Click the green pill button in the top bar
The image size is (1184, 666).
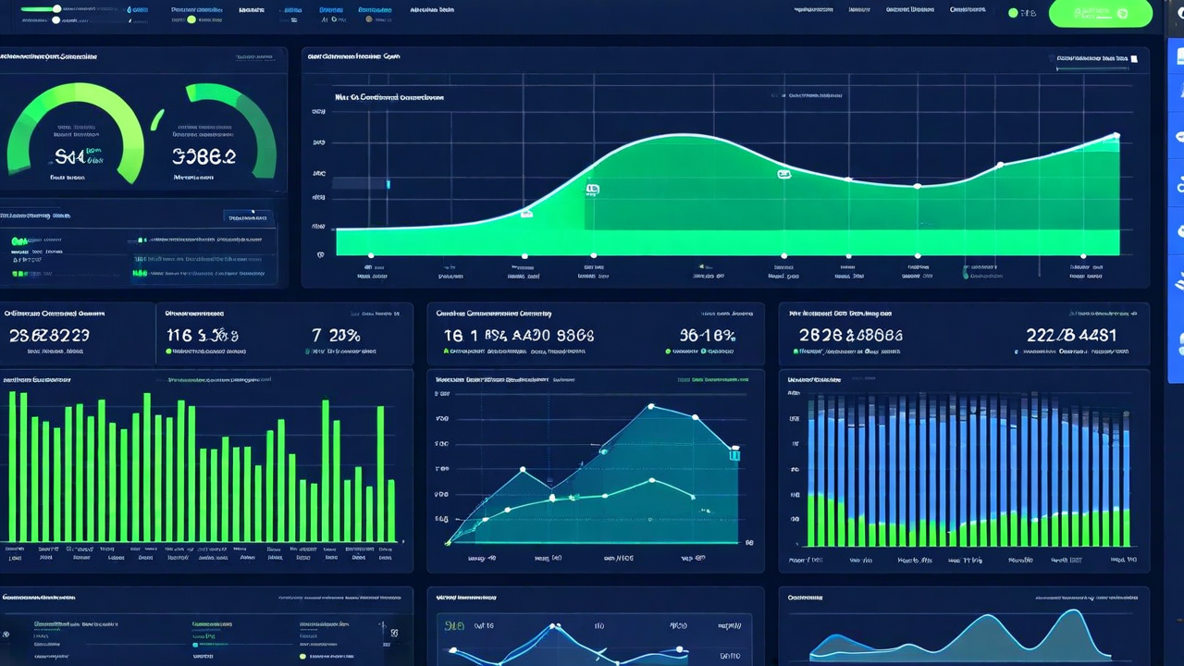[x=1100, y=14]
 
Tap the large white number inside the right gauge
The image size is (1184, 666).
[x=203, y=156]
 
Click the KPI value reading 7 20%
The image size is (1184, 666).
[x=336, y=335]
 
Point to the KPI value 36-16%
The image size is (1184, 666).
[x=707, y=335]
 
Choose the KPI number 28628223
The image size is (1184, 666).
[x=49, y=335]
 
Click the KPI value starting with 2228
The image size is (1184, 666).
[x=1070, y=335]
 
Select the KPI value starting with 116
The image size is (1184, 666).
[x=202, y=335]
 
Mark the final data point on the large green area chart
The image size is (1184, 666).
[x=1116, y=136]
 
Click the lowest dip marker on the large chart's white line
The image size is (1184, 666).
[x=917, y=186]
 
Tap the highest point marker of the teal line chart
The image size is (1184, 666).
[x=651, y=406]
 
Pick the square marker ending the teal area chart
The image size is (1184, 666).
[x=734, y=453]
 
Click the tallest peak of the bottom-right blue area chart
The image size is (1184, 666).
[x=1073, y=611]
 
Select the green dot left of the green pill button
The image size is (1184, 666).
[x=1013, y=14]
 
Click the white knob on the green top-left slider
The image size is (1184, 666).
[x=57, y=9]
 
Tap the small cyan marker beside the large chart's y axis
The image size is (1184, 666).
[x=388, y=184]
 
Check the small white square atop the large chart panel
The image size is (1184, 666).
[x=1134, y=58]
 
